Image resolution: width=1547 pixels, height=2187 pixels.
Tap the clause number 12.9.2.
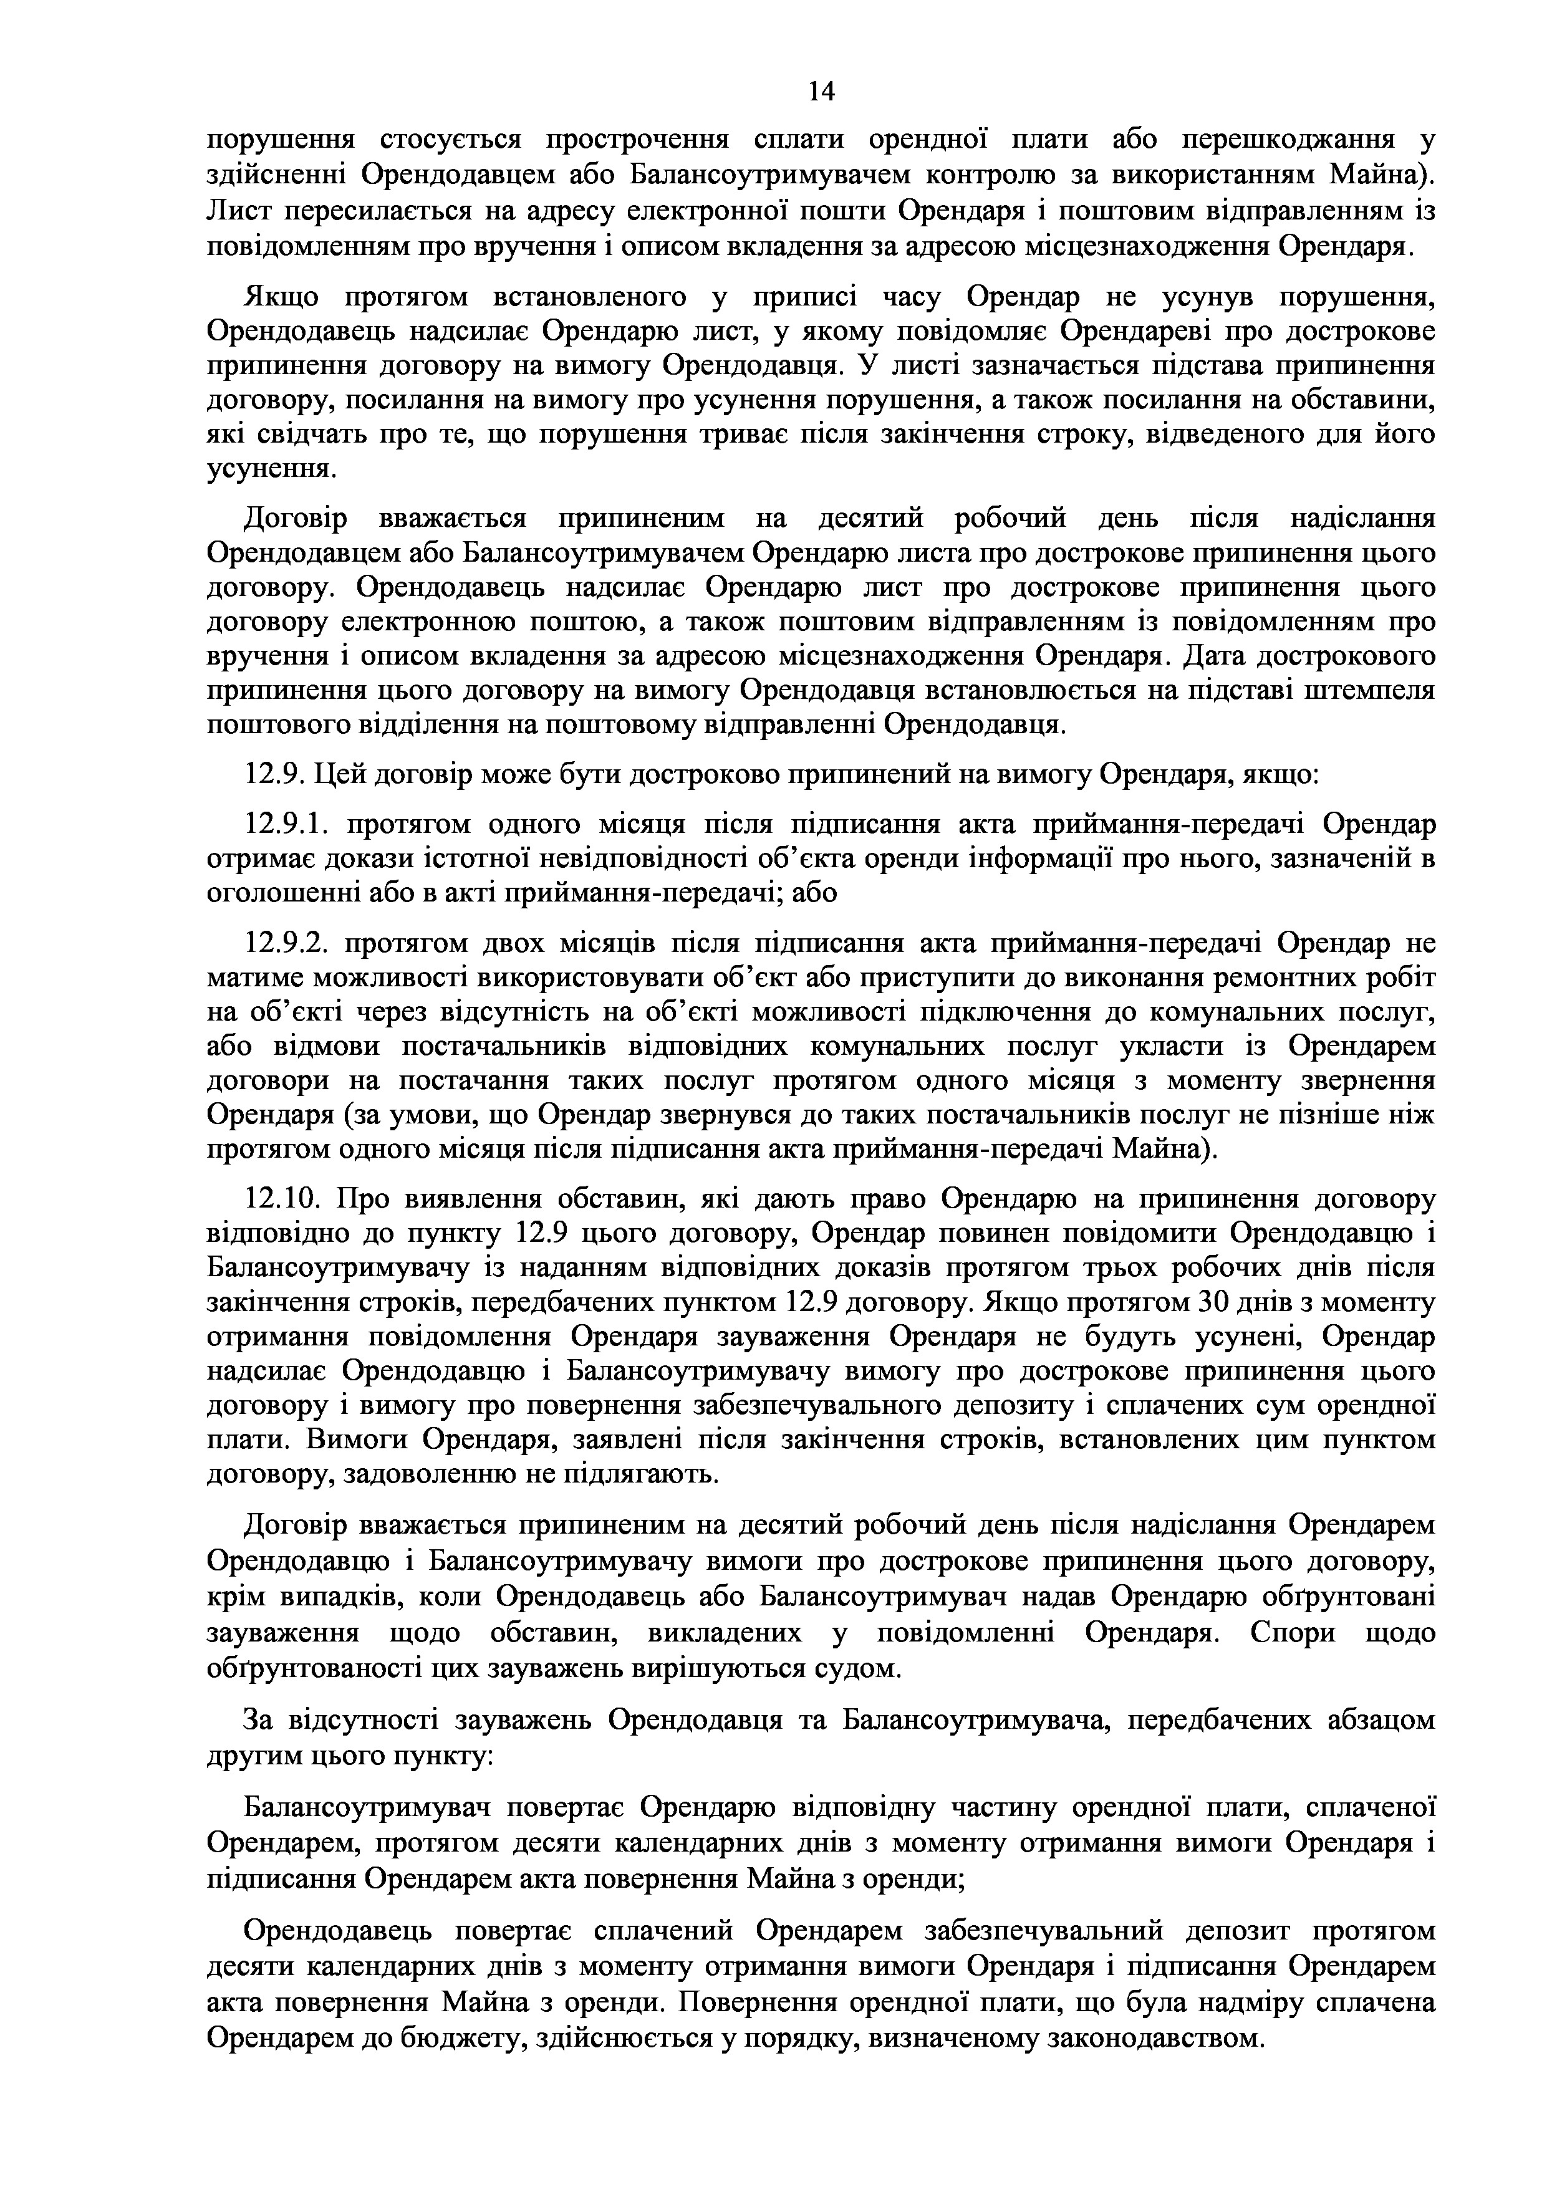tap(287, 944)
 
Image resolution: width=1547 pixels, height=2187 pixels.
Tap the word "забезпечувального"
tap(832, 1406)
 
